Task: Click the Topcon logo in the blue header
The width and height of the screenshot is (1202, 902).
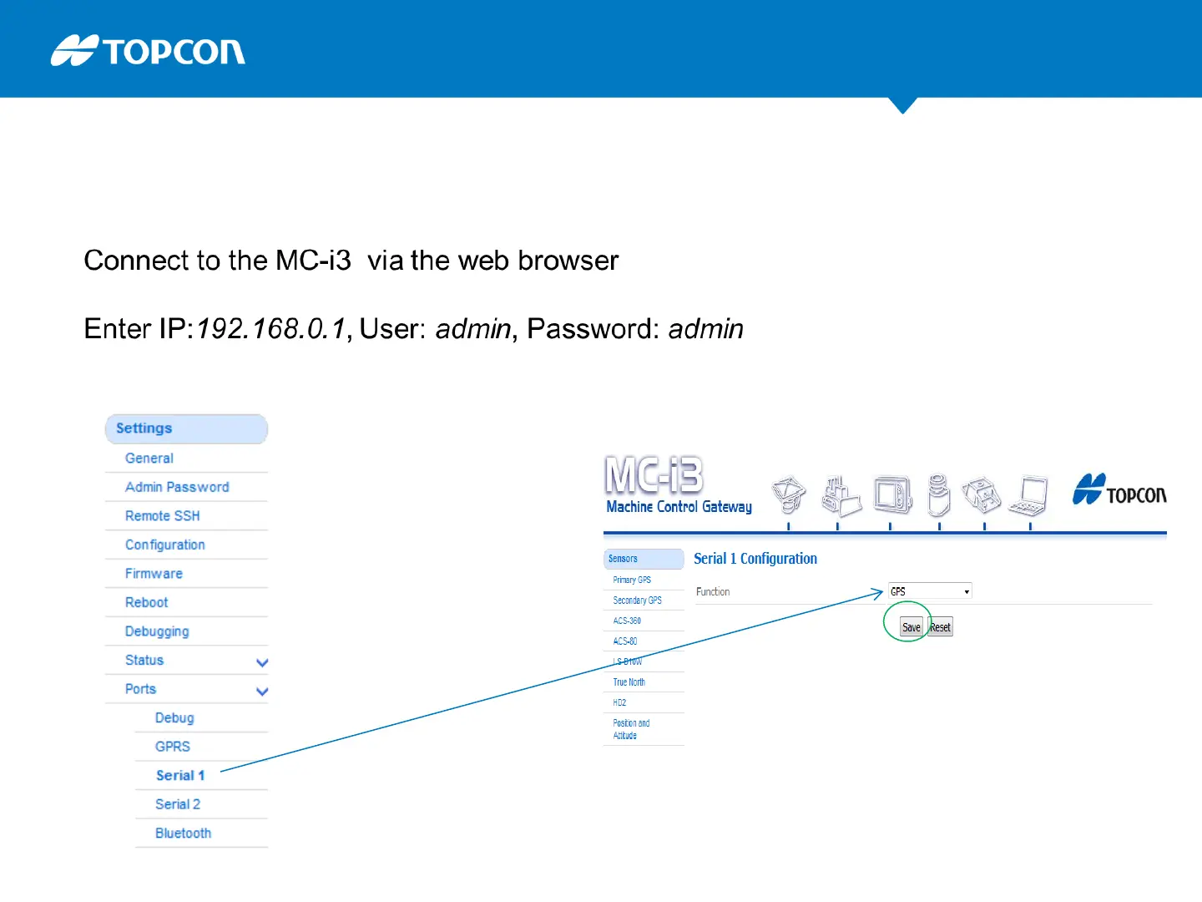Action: [x=148, y=51]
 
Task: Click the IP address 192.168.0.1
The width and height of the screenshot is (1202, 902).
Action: [x=271, y=329]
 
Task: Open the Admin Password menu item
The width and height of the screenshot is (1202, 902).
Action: [x=177, y=487]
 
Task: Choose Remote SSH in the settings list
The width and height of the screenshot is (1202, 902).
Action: [x=163, y=516]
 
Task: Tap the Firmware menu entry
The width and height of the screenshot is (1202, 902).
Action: [x=154, y=574]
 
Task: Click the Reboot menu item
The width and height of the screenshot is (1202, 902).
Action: [x=146, y=602]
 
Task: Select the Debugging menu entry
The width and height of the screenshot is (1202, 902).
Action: [x=157, y=631]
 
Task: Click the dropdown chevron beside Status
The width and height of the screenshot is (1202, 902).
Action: [x=262, y=662]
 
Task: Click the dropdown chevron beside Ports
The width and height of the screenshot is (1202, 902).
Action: [x=262, y=691]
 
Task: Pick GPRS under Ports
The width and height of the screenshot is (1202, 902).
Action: [x=173, y=747]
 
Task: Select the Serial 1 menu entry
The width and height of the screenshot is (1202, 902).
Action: [x=180, y=776]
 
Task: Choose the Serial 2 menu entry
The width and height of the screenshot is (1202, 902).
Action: [x=178, y=804]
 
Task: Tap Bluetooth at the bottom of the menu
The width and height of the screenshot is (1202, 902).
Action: [x=183, y=834]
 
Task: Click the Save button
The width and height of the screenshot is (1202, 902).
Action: [x=911, y=627]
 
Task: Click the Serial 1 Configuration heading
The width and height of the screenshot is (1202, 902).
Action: [x=755, y=559]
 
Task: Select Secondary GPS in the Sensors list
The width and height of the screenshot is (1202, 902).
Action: [x=637, y=600]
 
